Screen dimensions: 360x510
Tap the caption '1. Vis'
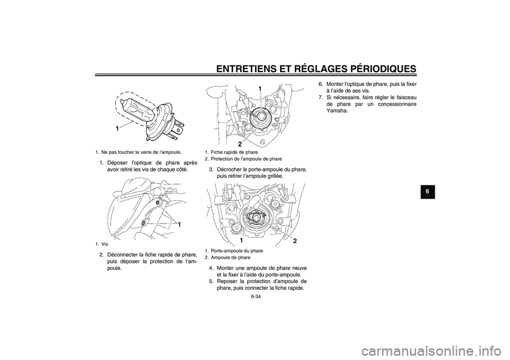pos(101,244)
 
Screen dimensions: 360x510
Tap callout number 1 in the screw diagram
pos(180,225)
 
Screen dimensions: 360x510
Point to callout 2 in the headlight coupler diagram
pos(240,144)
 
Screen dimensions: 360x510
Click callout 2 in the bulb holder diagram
pos(294,241)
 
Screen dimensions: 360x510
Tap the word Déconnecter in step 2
pos(129,254)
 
